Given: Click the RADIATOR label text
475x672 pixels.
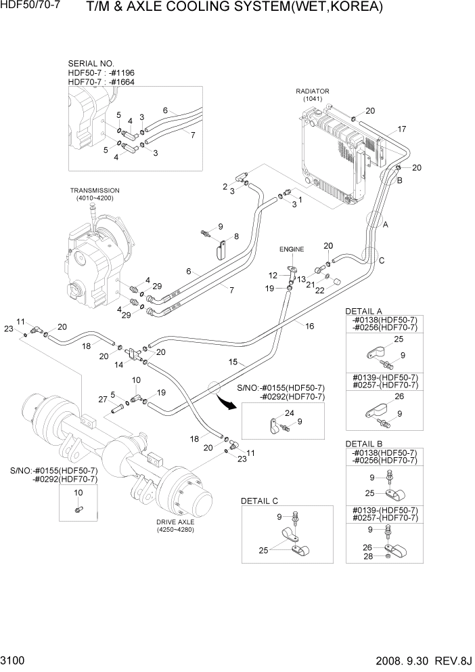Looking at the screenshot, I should (x=312, y=91).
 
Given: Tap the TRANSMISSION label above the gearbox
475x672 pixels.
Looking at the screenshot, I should (x=94, y=190).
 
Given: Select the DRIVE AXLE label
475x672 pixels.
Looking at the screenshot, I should (x=175, y=522).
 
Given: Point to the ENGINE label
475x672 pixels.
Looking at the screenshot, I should (x=292, y=249).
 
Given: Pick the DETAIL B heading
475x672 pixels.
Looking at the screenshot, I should (x=364, y=443).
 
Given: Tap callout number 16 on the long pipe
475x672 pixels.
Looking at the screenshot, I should (x=310, y=326).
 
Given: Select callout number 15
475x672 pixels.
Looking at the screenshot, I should (x=232, y=362).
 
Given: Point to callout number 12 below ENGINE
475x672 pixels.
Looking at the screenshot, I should (x=273, y=275).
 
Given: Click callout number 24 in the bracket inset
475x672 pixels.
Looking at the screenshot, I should (x=289, y=413).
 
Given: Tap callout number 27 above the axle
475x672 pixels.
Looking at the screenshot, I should (x=102, y=400).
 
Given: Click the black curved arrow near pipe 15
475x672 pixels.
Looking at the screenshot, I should (x=229, y=405).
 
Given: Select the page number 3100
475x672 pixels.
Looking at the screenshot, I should (x=14, y=659).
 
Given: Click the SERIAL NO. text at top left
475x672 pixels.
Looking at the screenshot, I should (x=91, y=62).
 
